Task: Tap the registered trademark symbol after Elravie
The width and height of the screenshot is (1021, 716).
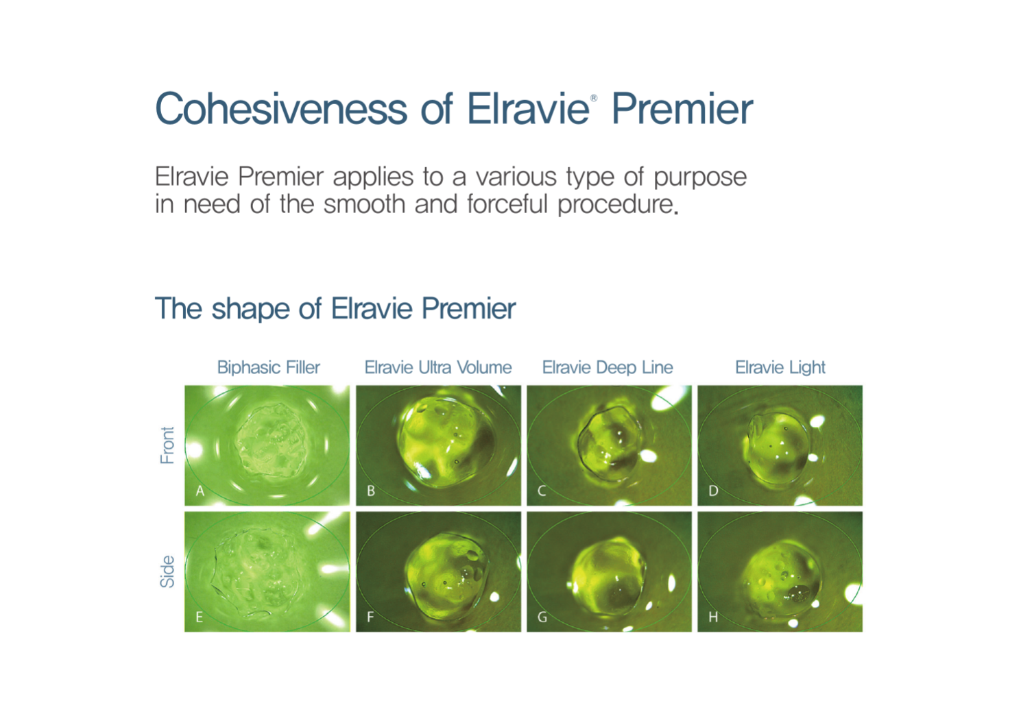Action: pos(593,98)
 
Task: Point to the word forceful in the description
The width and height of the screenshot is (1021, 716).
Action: pos(507,203)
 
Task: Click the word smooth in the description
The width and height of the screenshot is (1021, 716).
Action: pos(364,203)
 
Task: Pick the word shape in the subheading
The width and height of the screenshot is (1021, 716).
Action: pos(251,309)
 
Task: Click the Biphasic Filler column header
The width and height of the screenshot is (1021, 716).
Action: pos(269,367)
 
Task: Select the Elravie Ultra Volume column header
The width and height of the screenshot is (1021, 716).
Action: pos(438,367)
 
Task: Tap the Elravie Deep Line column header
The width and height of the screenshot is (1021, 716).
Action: pos(608,367)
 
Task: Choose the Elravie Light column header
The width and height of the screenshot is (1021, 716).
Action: pos(780,367)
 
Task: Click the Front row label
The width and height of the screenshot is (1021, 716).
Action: pos(167,445)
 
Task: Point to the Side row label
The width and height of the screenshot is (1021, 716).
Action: pos(167,571)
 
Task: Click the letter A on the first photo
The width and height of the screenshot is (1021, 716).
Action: pos(200,491)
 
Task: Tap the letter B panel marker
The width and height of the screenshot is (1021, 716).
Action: pos(371,491)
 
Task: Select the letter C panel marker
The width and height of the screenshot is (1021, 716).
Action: pos(542,491)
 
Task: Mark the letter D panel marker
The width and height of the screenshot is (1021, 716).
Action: pos(713,491)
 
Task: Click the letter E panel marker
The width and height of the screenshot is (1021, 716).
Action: pos(199,617)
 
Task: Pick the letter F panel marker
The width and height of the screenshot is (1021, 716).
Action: pos(370,617)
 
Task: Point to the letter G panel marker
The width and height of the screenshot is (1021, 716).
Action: pos(542,617)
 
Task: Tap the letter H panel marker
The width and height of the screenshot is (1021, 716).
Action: pos(713,617)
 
